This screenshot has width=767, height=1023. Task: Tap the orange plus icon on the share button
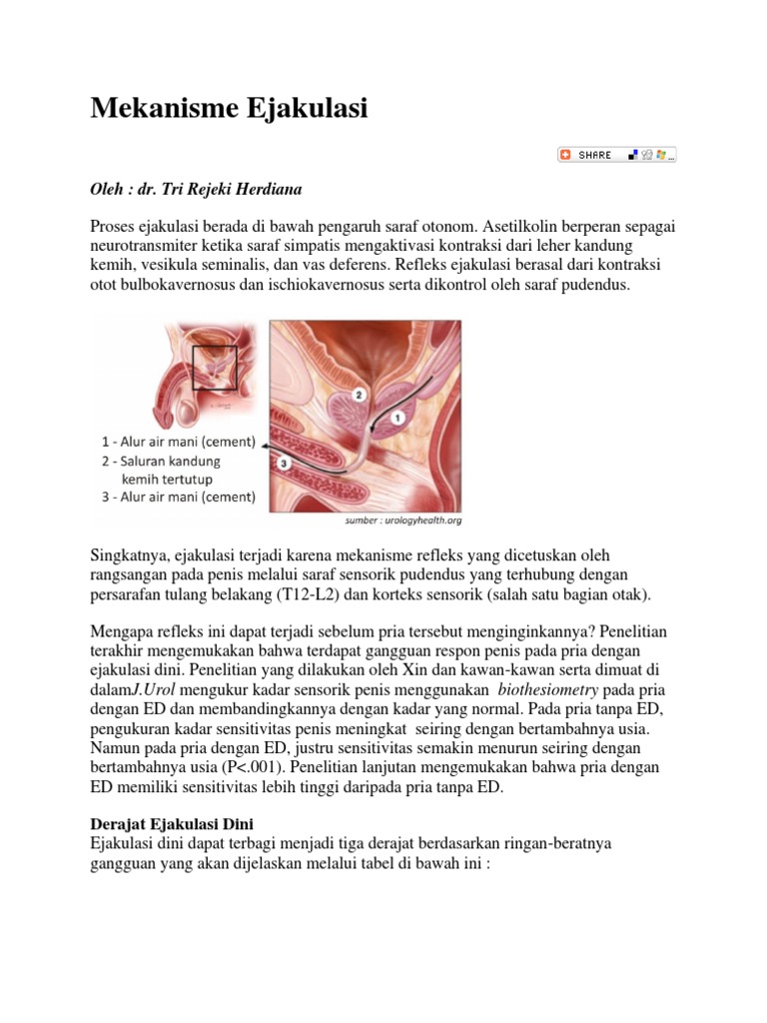pyautogui.click(x=566, y=155)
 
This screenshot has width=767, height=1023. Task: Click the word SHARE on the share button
pyautogui.click(x=595, y=155)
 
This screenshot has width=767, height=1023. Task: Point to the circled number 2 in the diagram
pyautogui.click(x=361, y=397)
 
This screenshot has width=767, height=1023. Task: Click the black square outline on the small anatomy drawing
pyautogui.click(x=214, y=367)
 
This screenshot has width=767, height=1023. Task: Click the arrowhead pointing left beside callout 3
pyautogui.click(x=267, y=454)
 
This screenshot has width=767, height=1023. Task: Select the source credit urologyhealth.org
pyautogui.click(x=424, y=520)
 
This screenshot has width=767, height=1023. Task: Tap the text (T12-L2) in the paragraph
pyautogui.click(x=315, y=594)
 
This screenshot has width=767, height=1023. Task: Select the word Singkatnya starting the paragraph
pyautogui.click(x=134, y=555)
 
